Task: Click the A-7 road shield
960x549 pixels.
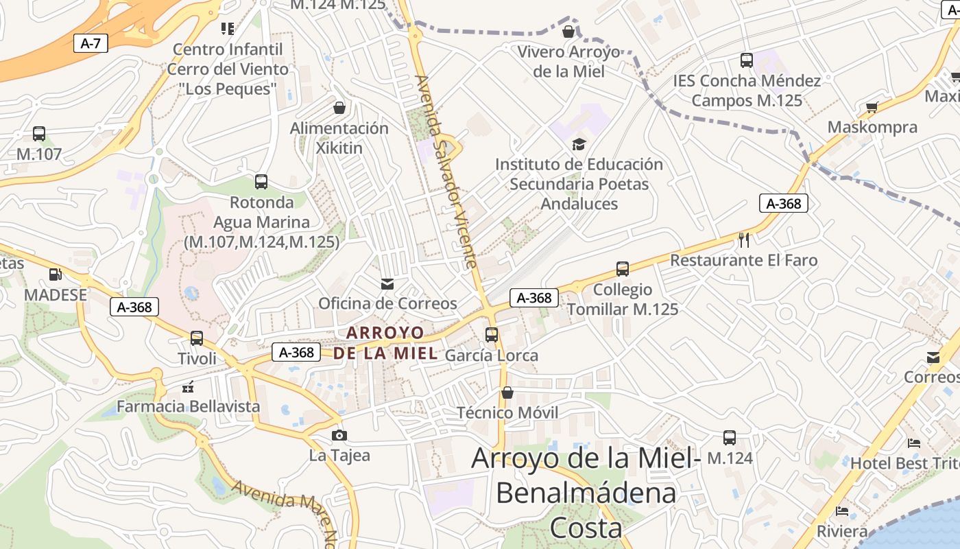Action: [x=91, y=44]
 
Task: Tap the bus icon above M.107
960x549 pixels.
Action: [x=39, y=134]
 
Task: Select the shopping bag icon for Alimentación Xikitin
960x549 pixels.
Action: [x=339, y=108]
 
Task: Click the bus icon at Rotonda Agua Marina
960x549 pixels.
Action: [x=261, y=182]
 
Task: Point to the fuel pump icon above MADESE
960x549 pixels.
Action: [x=54, y=274]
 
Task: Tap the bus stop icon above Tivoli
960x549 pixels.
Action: [x=197, y=338]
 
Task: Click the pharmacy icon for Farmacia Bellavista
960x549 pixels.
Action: [x=188, y=386]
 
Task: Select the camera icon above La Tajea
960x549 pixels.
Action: [x=339, y=435]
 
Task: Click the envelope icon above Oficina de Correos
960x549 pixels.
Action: [x=387, y=283]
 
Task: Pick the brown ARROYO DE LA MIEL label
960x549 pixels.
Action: [x=385, y=343]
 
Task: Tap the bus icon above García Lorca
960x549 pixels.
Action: [x=492, y=335]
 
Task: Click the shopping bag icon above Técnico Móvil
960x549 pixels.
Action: [x=507, y=393]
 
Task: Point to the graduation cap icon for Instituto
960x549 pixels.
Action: [x=579, y=144]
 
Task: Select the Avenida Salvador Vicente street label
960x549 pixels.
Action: [x=446, y=172]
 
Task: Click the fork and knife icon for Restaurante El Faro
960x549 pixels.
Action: [x=744, y=240]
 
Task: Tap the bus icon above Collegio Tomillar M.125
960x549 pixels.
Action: [x=623, y=269]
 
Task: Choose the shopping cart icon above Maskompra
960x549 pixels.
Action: [x=872, y=107]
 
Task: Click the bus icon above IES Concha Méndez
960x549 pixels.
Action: [x=747, y=60]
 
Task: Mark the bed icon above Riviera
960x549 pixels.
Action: [x=842, y=511]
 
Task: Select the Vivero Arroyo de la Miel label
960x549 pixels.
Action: [x=568, y=62]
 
